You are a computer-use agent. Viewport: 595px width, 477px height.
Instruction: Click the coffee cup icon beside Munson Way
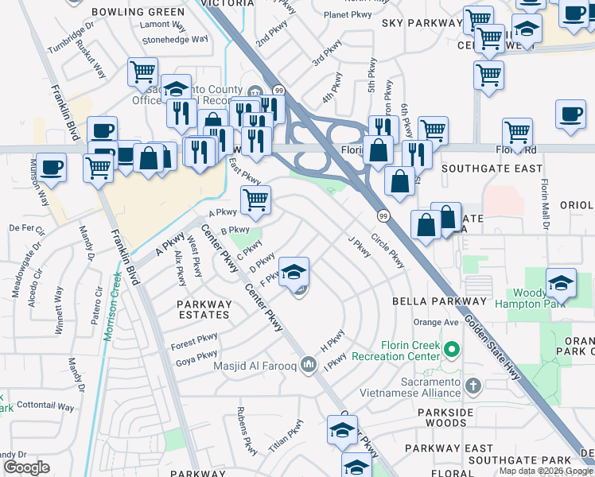pos(52,167)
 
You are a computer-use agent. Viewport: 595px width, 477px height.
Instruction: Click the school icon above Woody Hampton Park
pos(561,283)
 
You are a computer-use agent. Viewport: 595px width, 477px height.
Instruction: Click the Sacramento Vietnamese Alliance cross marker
pos(473,386)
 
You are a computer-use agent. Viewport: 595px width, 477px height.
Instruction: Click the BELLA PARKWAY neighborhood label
pos(438,302)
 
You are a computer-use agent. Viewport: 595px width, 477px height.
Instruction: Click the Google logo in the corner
pos(27,467)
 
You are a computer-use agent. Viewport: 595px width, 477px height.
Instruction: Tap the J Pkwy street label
pos(359,247)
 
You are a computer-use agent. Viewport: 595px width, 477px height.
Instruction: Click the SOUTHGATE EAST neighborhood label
pos(492,169)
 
